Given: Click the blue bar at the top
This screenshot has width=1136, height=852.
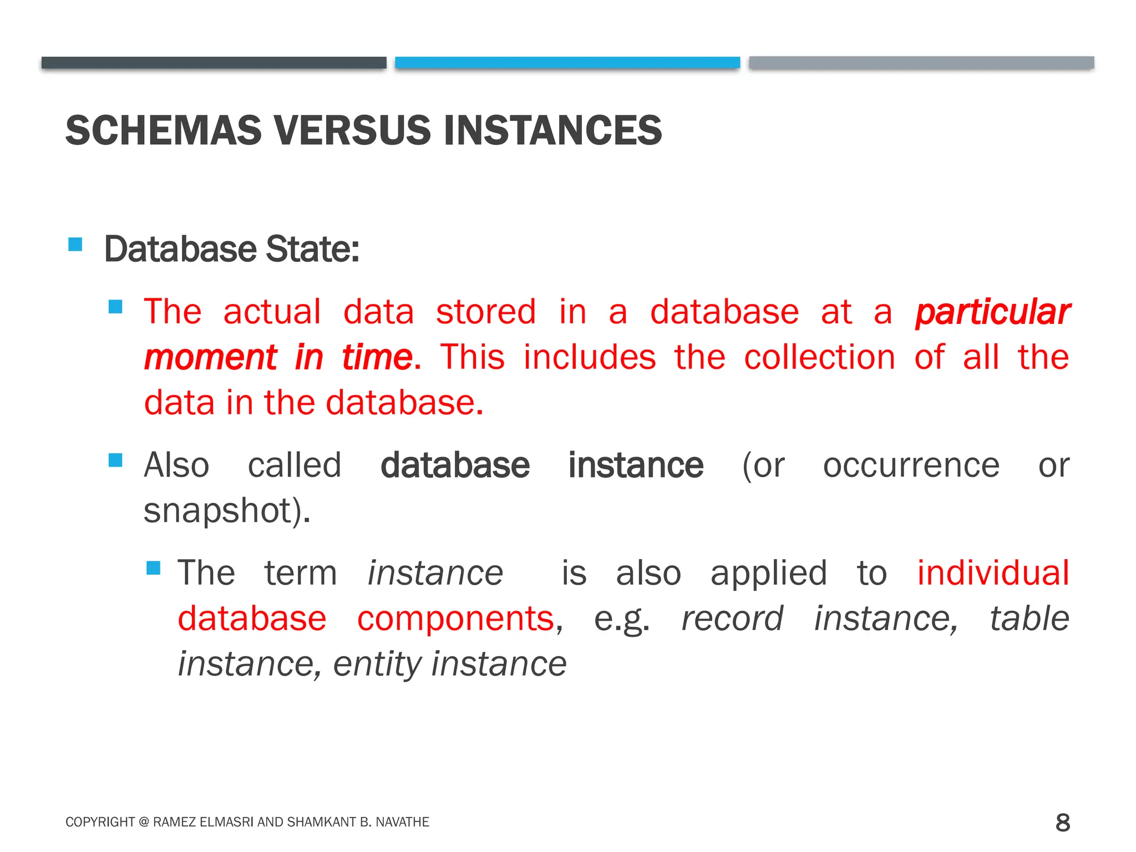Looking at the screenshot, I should point(567,63).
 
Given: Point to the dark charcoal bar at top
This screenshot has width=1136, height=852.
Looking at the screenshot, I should point(214,63).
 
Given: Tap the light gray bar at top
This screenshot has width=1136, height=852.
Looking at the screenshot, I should point(921,63).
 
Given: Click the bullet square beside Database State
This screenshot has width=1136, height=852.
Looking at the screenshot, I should point(75,245).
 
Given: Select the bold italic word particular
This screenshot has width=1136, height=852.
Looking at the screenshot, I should point(992,312).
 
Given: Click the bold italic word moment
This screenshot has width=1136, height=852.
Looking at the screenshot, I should point(210,358).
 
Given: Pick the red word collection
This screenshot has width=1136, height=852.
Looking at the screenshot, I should point(819,357).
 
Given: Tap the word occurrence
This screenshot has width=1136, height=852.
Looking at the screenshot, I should point(911,465).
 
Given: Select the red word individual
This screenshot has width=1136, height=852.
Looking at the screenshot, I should point(992,573).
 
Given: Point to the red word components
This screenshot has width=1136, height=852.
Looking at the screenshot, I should point(455,618).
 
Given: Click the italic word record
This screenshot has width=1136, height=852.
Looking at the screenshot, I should point(732,618).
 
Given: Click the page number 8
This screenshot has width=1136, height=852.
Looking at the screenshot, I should point(1062,823).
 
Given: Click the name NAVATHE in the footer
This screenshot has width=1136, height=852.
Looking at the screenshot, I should point(402,822).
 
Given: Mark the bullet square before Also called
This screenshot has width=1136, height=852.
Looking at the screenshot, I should point(115,460).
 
